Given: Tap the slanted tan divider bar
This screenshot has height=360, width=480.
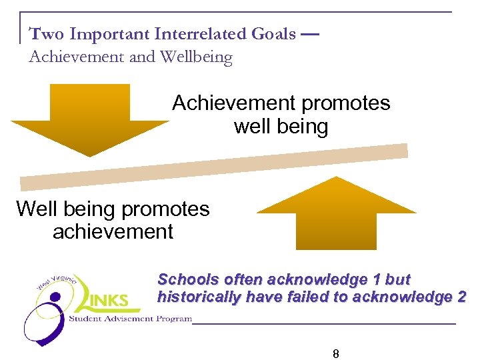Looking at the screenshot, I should click(213, 167).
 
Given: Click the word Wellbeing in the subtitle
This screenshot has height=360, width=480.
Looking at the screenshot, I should click(197, 57).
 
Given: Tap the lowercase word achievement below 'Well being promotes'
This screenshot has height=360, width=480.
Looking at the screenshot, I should click(113, 232).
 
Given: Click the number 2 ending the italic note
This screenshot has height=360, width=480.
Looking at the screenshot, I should click(462, 297).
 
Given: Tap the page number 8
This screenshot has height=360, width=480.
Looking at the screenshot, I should click(336, 354).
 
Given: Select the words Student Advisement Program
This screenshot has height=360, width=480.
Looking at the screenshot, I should click(130, 319).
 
